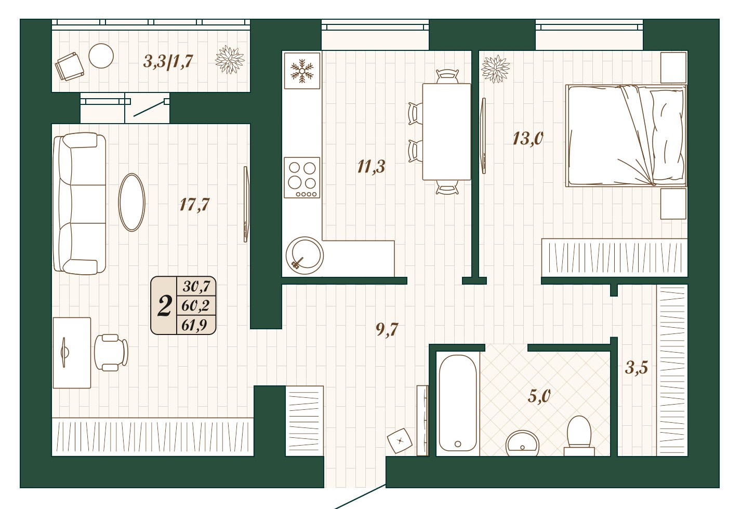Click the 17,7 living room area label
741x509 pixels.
(194, 205)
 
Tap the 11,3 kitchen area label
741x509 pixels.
(371, 167)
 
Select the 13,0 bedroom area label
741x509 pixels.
(528, 138)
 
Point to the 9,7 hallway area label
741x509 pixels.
(387, 329)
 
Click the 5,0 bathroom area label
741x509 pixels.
(539, 396)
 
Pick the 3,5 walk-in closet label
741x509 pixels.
(637, 367)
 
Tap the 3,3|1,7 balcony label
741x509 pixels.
(168, 61)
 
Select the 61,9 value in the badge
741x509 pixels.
(194, 325)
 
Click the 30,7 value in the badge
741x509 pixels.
(196, 286)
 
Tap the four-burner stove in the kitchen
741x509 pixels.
(302, 178)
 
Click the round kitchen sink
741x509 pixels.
(305, 256)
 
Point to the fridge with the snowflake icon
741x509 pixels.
(302, 71)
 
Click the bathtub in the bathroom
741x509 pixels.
(458, 403)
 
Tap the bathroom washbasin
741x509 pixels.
(522, 443)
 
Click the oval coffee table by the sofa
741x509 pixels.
(131, 203)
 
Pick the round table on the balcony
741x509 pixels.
(101, 56)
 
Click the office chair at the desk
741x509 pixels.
(111, 353)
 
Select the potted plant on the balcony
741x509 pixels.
(230, 60)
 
